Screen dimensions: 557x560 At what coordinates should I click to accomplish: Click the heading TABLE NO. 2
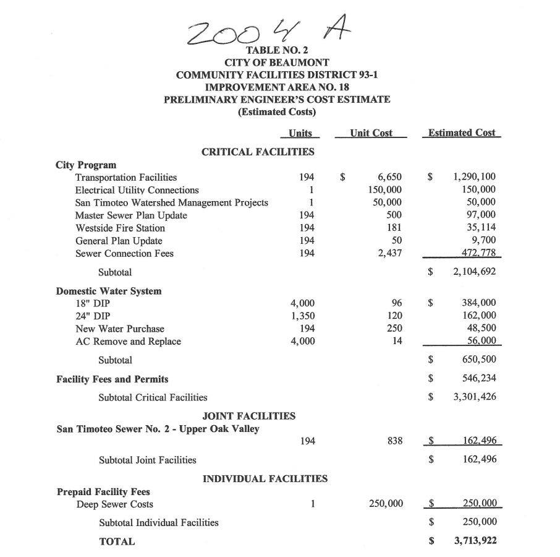click(x=276, y=50)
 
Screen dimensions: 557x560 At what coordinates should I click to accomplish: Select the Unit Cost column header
click(x=371, y=133)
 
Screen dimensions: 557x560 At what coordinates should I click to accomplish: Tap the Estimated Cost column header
click(x=461, y=133)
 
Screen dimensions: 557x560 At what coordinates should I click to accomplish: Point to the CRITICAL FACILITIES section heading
click(x=258, y=152)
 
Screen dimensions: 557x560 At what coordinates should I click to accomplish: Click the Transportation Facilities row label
click(x=125, y=178)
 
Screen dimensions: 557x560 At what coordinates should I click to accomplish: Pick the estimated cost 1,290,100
click(x=474, y=178)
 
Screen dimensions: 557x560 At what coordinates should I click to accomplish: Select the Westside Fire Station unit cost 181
click(x=393, y=228)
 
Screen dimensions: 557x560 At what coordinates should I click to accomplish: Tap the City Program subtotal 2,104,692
click(x=474, y=272)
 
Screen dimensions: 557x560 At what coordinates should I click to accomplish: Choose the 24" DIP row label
click(x=93, y=316)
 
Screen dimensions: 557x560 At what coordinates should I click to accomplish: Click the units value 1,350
click(x=302, y=316)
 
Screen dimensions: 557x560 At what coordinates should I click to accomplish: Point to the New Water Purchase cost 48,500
click(x=480, y=329)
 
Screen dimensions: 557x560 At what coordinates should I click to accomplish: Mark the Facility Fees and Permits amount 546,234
click(x=479, y=379)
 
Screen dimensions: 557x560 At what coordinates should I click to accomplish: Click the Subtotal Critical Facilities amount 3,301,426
click(x=474, y=397)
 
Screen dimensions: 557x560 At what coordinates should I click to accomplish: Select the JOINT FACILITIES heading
click(x=248, y=417)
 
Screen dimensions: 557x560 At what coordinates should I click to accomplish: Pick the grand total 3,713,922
click(x=474, y=541)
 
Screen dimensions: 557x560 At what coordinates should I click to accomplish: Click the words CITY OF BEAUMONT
click(x=276, y=63)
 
